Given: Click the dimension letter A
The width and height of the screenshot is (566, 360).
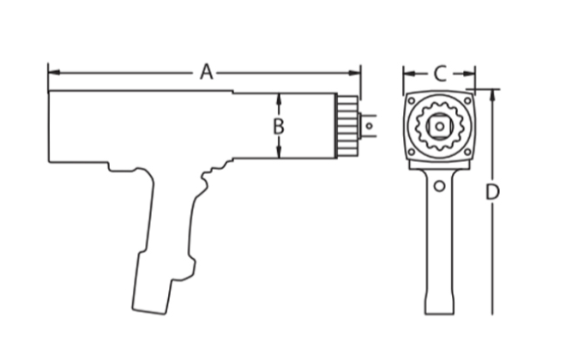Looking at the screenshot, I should (206, 72).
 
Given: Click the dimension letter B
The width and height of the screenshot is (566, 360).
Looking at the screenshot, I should (278, 126).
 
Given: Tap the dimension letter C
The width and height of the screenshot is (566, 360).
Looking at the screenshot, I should (439, 74).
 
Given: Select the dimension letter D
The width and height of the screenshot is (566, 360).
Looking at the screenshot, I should (491, 193).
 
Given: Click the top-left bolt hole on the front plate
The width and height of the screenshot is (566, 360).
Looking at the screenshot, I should (412, 101).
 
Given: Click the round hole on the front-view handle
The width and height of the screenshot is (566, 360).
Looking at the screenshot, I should (439, 185).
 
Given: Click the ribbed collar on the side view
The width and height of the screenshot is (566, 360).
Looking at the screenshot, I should (346, 125).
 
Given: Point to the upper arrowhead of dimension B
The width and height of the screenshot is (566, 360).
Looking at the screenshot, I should (278, 97).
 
